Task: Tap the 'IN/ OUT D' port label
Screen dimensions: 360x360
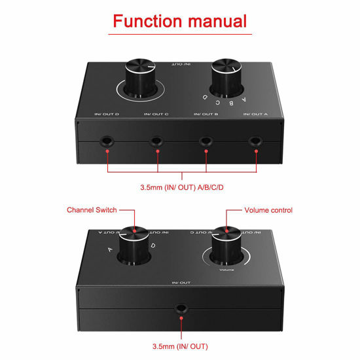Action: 107,115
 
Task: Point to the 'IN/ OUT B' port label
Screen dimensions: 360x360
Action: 206,115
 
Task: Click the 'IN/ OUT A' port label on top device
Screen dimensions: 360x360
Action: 255,115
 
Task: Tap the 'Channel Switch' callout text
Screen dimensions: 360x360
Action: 92,210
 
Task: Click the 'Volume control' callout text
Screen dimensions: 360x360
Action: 268,210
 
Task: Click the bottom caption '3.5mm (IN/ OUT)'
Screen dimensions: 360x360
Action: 180,346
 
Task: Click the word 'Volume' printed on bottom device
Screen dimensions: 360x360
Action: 227,268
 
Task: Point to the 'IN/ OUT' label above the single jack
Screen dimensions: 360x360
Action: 180,283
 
